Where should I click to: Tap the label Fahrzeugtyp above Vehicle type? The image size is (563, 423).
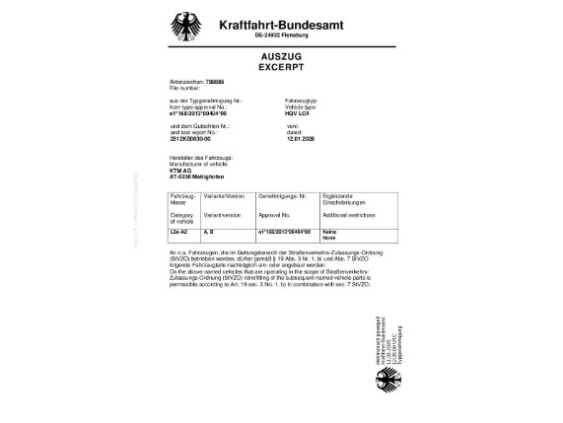click(300, 102)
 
